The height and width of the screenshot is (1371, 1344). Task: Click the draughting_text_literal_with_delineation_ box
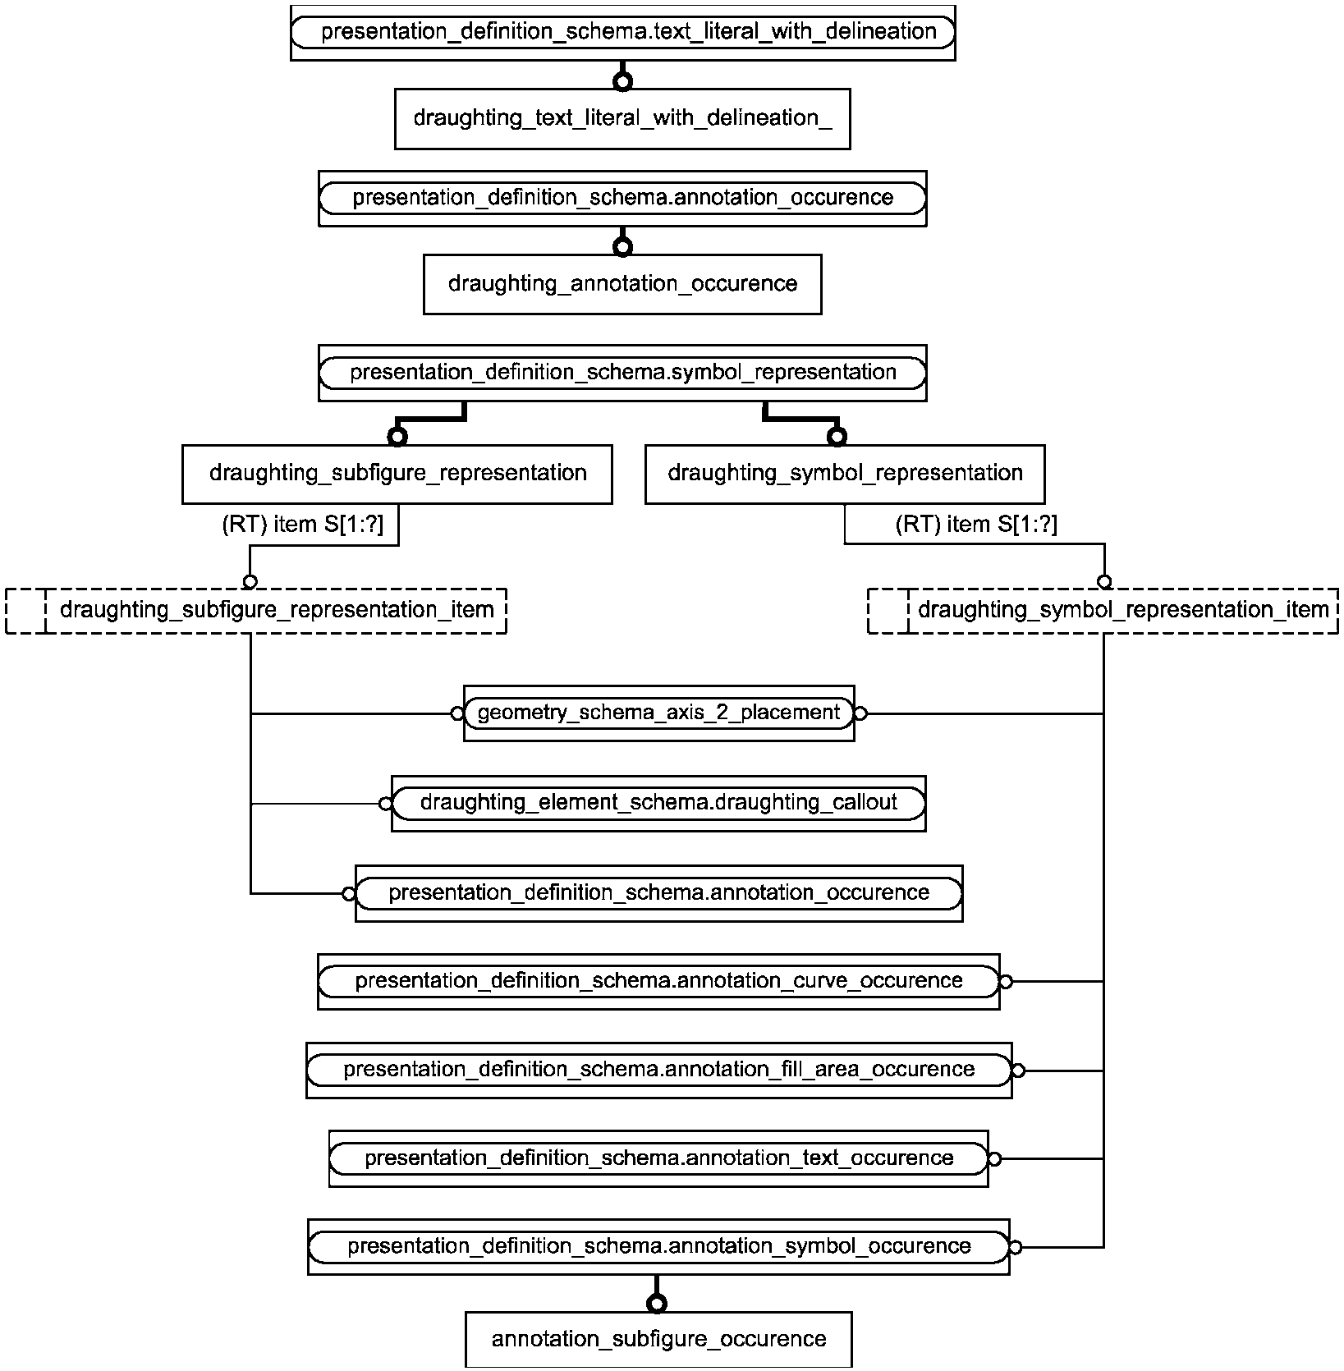(622, 119)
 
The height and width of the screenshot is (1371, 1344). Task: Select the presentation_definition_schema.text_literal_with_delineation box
(623, 33)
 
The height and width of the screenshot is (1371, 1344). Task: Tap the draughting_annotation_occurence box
(622, 284)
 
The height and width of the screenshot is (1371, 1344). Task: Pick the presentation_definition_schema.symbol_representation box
(622, 373)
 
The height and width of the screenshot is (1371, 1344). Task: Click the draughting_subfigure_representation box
(397, 475)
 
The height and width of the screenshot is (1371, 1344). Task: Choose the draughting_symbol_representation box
(845, 475)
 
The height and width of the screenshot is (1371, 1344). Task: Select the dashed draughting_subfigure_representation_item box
(256, 611)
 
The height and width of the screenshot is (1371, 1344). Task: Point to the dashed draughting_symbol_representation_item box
(1103, 611)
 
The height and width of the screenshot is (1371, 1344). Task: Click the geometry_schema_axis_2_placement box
(658, 713)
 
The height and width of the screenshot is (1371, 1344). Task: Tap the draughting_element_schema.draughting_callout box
(658, 804)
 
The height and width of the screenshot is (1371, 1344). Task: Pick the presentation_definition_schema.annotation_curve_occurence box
(658, 982)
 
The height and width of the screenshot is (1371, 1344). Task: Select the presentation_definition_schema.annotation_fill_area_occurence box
(658, 1071)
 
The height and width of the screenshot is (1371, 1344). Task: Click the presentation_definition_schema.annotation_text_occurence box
(658, 1159)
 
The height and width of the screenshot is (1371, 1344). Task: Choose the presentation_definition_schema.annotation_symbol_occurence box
(658, 1247)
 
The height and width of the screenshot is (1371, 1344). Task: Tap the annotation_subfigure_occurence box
(658, 1340)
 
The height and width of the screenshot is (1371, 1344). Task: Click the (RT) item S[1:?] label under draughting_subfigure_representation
(303, 525)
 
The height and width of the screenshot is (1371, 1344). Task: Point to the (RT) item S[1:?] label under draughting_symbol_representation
(977, 525)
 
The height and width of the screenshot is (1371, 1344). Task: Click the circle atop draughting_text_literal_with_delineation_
(623, 81)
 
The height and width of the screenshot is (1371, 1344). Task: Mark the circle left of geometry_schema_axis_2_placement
(457, 714)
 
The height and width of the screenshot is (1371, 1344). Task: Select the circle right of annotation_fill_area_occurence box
(1019, 1071)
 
